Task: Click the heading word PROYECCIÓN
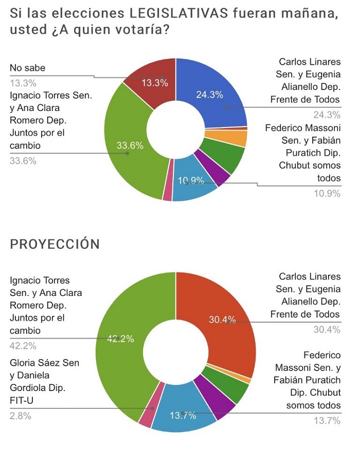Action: click(55, 244)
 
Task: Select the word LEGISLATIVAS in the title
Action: click(179, 13)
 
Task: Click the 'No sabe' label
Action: click(28, 68)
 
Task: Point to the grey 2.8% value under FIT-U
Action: click(20, 416)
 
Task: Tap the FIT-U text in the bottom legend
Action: click(22, 400)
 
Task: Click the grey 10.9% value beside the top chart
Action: click(328, 193)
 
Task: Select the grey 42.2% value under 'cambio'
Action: click(23, 346)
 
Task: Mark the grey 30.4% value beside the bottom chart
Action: click(327, 329)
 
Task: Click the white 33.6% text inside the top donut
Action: click(130, 145)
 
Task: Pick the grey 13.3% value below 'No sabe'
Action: click(23, 83)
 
